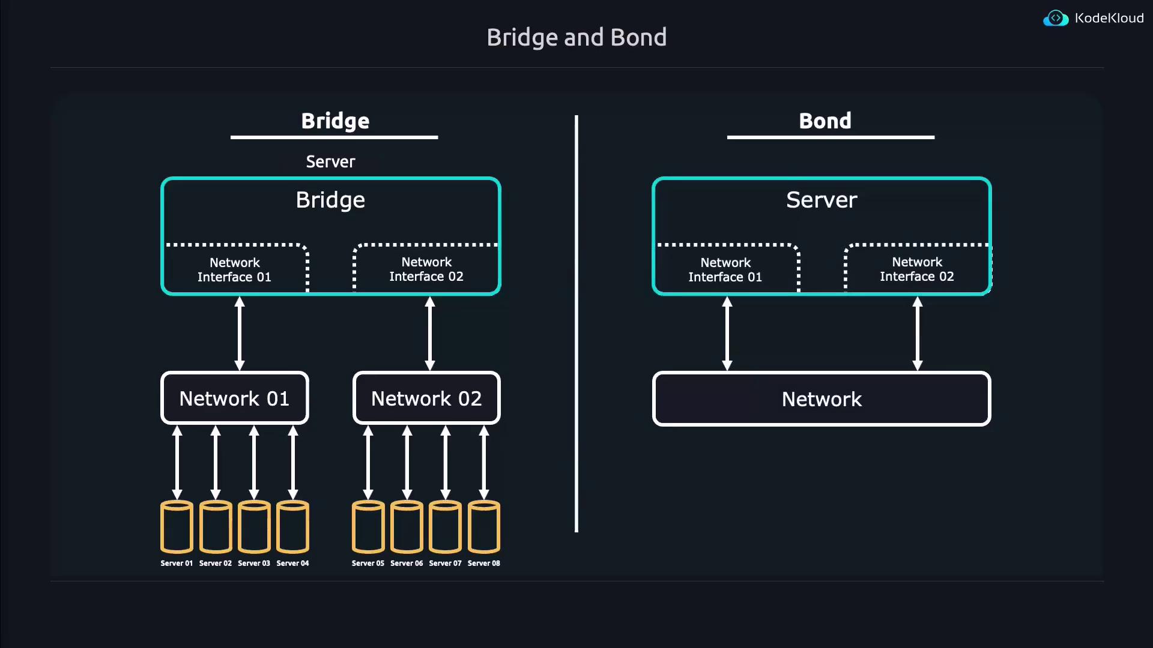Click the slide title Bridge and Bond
pos(576,37)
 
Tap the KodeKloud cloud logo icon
pos(1055,19)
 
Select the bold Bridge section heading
pos(335,121)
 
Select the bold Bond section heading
pos(825,121)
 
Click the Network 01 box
pos(235,398)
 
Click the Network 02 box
pos(426,398)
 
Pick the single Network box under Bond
pos(822,399)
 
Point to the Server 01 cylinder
pos(177,526)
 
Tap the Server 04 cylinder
pos(292,526)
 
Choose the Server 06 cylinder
pos(407,526)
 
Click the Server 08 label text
pos(483,563)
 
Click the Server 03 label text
pos(254,563)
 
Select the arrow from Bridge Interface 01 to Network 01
pos(240,334)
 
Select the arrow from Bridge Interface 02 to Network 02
pos(430,334)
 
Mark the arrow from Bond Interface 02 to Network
pos(918,334)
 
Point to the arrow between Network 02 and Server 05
pos(368,462)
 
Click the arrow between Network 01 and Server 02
pos(216,462)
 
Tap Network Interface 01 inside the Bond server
pos(725,269)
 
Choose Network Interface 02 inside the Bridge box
pos(426,269)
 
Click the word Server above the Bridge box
pos(330,161)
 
